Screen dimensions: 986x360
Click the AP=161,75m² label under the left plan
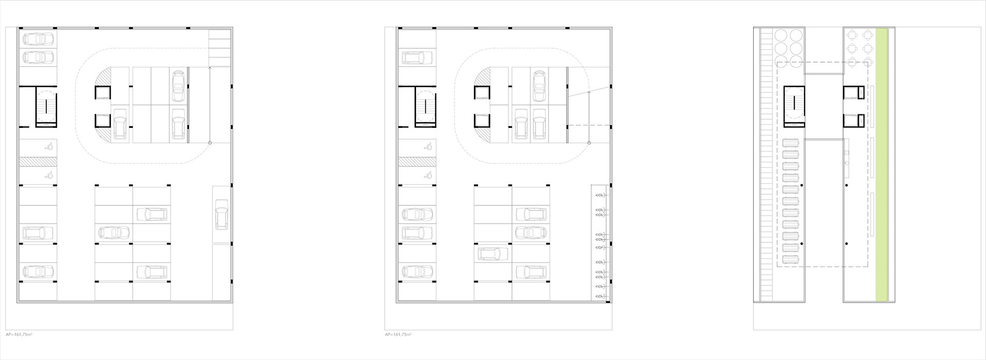19,334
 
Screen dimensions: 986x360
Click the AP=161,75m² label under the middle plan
398,334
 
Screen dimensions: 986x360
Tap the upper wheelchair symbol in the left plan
50,146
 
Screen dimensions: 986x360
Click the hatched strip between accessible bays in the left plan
38,161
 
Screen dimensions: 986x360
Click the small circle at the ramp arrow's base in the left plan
210,142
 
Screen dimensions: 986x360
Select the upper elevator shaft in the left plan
102,93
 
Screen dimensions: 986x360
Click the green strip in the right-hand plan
881,164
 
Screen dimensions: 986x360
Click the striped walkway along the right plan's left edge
766,164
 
